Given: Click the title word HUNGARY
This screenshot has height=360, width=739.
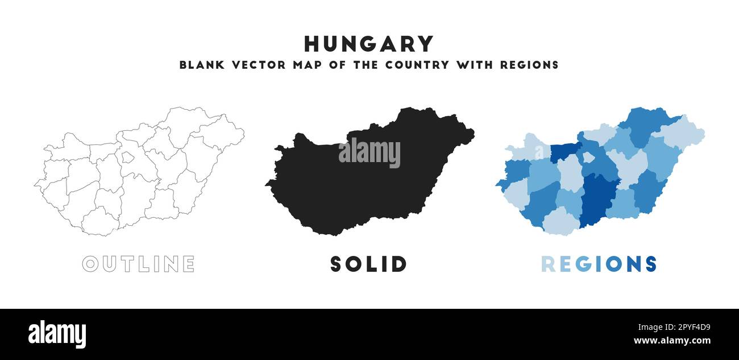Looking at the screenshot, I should (369, 44).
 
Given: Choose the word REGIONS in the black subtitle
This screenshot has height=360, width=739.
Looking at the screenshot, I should (529, 65).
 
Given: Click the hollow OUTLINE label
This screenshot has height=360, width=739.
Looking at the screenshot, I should (138, 264).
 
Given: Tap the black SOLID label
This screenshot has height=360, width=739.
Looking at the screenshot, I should (369, 264).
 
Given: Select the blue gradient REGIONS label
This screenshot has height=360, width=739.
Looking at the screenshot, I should (599, 264).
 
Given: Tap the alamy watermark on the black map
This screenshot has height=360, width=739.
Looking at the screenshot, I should (369, 153).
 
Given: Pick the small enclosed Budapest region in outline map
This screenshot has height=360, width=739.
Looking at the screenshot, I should (128, 157).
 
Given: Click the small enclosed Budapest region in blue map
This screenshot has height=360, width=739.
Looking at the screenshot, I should (588, 157).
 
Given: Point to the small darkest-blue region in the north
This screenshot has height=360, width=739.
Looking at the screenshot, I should (563, 152).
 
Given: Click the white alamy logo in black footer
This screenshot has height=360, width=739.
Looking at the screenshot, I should (57, 334).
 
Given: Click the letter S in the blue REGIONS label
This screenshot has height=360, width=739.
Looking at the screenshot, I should (650, 264).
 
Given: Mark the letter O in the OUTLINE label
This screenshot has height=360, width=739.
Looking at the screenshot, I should (90, 264).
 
